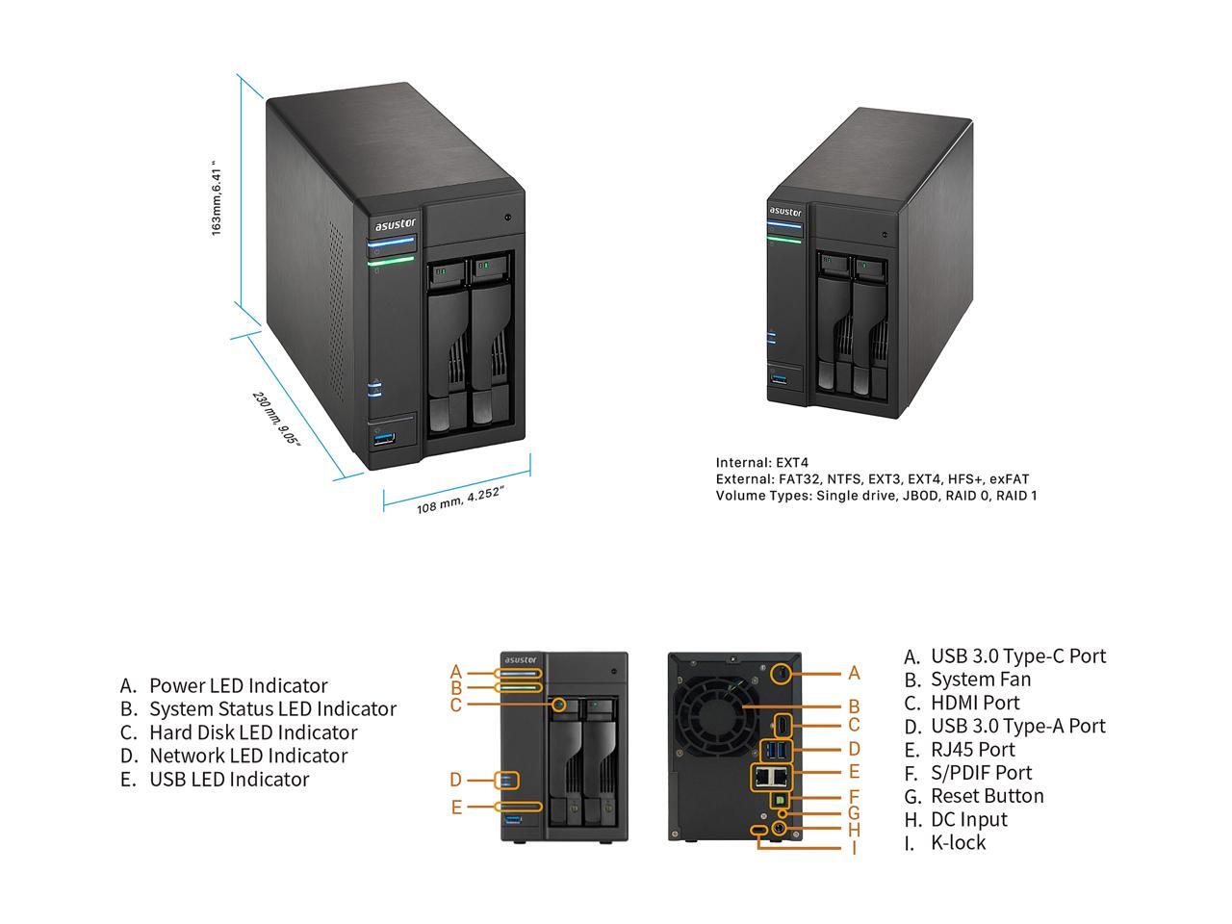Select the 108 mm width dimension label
tap(460, 500)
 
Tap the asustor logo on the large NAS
tap(395, 225)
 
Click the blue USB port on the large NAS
tap(384, 440)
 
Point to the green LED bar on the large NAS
tap(390, 259)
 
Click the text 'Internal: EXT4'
tap(761, 463)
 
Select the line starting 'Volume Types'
tap(876, 496)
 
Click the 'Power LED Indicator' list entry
tap(238, 685)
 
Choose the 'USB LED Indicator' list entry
tap(229, 779)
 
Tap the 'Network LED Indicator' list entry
tap(247, 756)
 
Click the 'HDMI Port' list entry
tap(975, 703)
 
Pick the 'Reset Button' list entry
tap(987, 796)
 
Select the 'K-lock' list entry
tap(958, 842)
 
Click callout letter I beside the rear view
tap(854, 848)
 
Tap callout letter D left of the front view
tap(456, 780)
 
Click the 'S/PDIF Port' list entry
tap(981, 772)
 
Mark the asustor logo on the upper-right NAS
tap(784, 212)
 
